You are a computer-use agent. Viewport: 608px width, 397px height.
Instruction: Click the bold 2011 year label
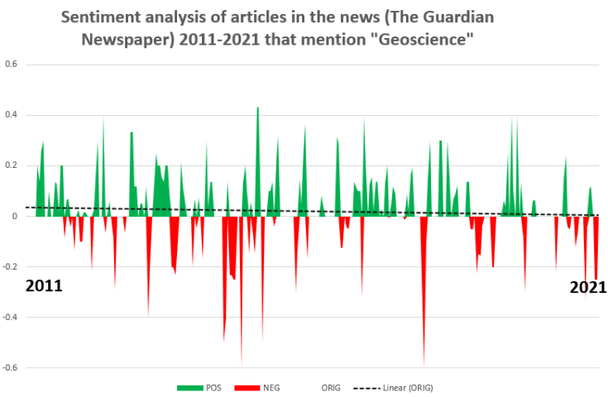click(x=44, y=286)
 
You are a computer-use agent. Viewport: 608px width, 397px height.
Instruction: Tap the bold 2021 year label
click(x=587, y=288)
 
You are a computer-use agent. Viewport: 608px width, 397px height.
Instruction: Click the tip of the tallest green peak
click(x=258, y=108)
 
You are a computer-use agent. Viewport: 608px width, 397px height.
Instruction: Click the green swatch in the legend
click(x=190, y=388)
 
